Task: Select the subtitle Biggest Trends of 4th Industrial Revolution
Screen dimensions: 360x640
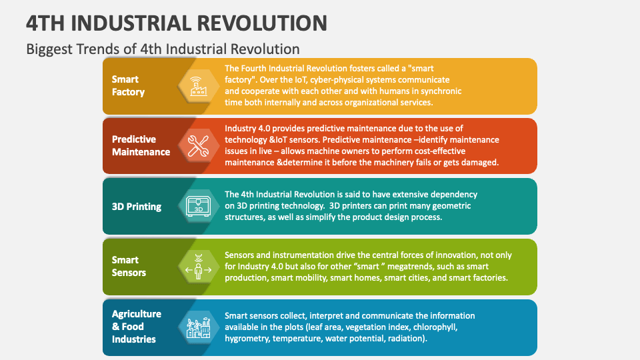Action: click(163, 49)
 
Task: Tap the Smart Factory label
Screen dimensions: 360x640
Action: click(128, 85)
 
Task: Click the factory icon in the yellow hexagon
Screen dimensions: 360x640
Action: click(199, 85)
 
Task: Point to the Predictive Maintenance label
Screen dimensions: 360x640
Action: click(141, 145)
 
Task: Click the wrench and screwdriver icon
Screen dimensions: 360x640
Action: click(199, 145)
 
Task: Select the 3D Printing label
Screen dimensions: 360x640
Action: click(137, 207)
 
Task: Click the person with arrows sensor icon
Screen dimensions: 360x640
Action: click(199, 266)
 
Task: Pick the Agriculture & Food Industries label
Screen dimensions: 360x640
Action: click(136, 327)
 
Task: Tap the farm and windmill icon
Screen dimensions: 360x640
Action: click(199, 327)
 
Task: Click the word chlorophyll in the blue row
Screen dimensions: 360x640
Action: click(437, 327)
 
